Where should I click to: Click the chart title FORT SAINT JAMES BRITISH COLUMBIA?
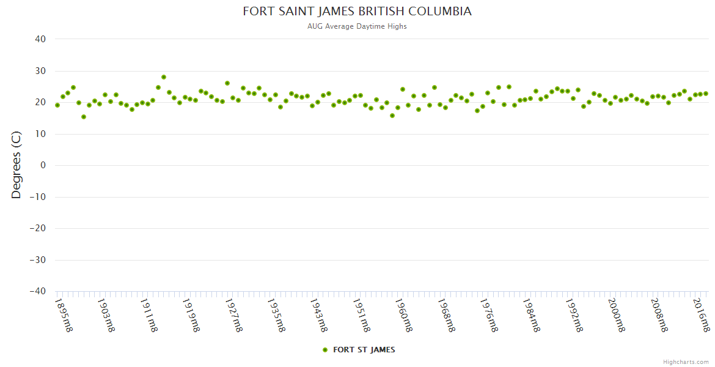point(357,12)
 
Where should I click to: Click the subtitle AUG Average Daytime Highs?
point(357,26)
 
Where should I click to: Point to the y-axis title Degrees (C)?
point(16,166)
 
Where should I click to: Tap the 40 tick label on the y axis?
point(40,39)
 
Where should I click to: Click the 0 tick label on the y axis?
point(43,166)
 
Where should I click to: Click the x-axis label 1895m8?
point(64,314)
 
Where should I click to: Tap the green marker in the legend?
point(325,350)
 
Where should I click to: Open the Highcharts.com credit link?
point(686,362)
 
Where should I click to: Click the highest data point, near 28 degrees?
point(164,77)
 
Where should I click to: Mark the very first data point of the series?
point(57,105)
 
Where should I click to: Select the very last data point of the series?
point(706,94)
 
